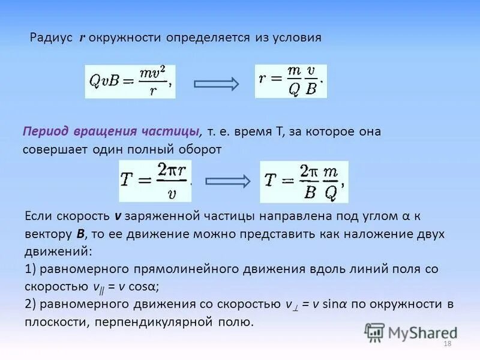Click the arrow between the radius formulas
coord(217,83)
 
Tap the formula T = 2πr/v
coord(155,181)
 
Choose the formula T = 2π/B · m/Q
coord(304,181)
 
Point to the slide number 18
coord(446,344)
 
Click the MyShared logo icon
coord(374,332)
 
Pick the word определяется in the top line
coord(203,38)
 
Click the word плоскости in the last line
coord(53,322)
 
